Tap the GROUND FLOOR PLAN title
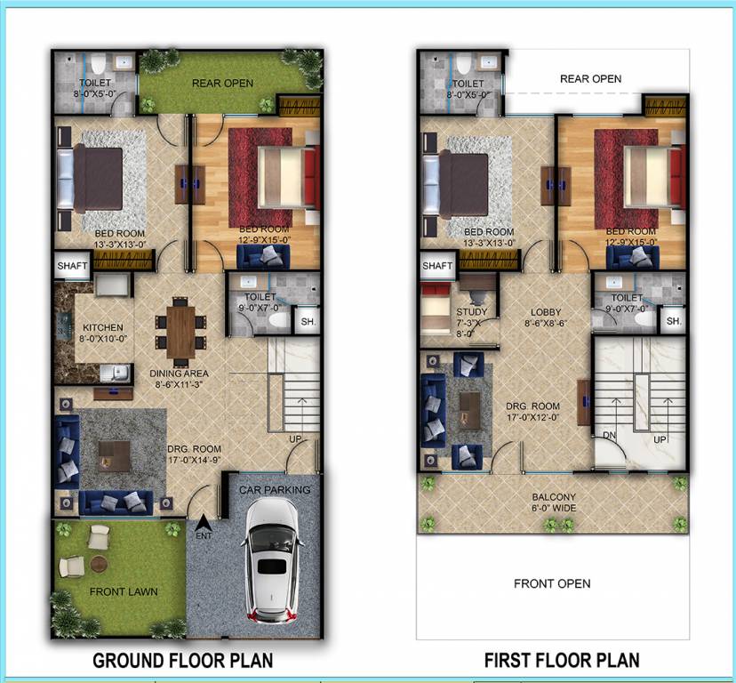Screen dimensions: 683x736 [x=183, y=661]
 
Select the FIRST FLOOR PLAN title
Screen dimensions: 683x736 [x=562, y=661]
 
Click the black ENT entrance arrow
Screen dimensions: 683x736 [x=202, y=524]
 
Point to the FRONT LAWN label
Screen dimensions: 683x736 [x=124, y=591]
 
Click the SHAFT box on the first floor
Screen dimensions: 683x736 [x=437, y=266]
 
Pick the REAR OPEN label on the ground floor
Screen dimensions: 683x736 [x=223, y=84]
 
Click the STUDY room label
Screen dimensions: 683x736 [x=472, y=317]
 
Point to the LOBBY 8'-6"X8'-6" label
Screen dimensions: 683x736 [x=546, y=318]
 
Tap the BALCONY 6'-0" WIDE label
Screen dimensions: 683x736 [x=554, y=502]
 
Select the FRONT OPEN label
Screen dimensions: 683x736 [x=552, y=584]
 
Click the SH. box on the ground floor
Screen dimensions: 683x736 [x=307, y=322]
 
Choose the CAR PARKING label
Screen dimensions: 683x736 [x=275, y=490]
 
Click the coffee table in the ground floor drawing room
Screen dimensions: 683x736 [x=115, y=456]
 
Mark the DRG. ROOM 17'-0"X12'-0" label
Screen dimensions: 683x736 [x=533, y=411]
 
